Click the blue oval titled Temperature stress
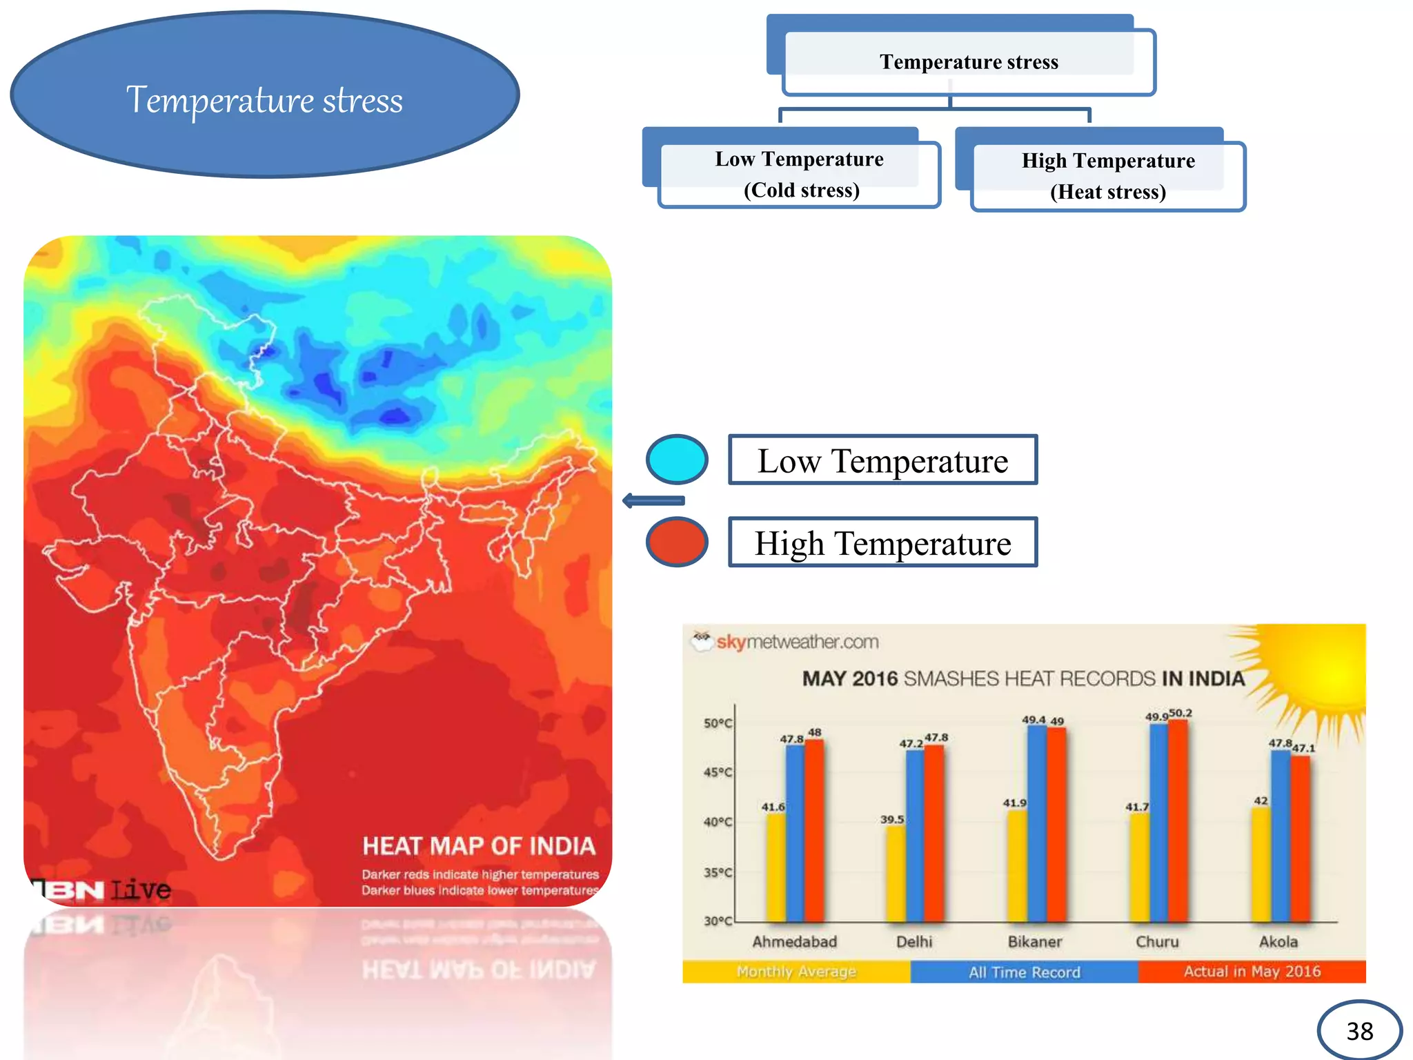pos(264,97)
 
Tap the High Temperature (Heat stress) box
pos(1108,176)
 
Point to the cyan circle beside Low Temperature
pos(677,459)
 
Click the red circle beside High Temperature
pos(677,542)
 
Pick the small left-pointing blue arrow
pos(653,500)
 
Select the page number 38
pos(1359,1031)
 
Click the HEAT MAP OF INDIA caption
pos(479,846)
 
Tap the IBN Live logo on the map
pos(103,890)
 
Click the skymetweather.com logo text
pos(797,642)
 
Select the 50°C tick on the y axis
pos(718,723)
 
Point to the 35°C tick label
pos(718,872)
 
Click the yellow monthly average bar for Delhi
pos(896,873)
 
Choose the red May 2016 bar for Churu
pos(1178,821)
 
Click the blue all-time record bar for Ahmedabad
pos(795,832)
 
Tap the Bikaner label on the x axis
pos(1034,942)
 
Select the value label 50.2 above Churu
pos(1180,713)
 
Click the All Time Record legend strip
pos(1024,972)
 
